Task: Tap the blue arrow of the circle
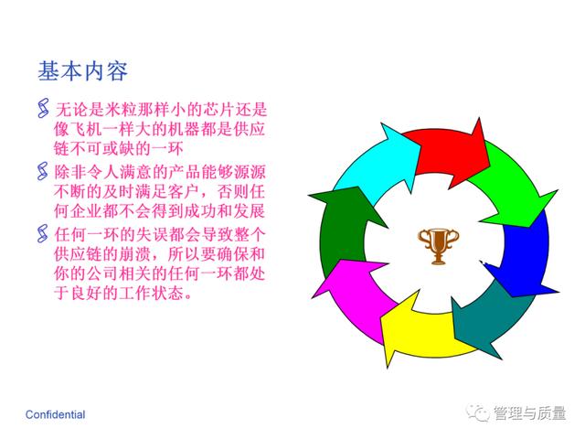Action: coord(526,254)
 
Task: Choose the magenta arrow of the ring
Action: coord(351,294)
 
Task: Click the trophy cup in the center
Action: coord(439,246)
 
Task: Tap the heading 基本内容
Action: coord(83,71)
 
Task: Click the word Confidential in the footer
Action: coord(55,414)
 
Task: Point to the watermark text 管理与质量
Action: coord(530,412)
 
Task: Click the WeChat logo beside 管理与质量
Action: coord(477,412)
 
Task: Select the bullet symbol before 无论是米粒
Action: coord(43,108)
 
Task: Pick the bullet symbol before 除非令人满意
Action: coord(43,171)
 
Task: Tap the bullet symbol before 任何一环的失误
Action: coord(43,234)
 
